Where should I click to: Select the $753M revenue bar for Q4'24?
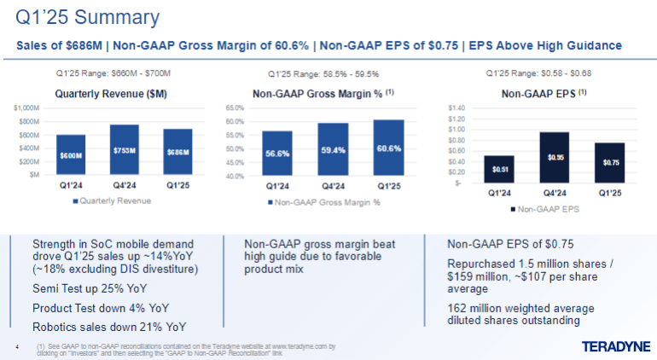(x=124, y=150)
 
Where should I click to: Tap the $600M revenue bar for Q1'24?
(x=71, y=155)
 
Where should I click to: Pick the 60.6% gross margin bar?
(x=387, y=148)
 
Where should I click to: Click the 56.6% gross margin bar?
(x=276, y=154)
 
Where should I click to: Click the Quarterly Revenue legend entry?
(x=112, y=201)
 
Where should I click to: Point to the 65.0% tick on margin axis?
(x=235, y=108)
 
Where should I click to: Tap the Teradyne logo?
(x=615, y=345)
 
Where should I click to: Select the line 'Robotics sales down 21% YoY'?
(x=109, y=327)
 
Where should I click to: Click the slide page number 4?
(x=19, y=345)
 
